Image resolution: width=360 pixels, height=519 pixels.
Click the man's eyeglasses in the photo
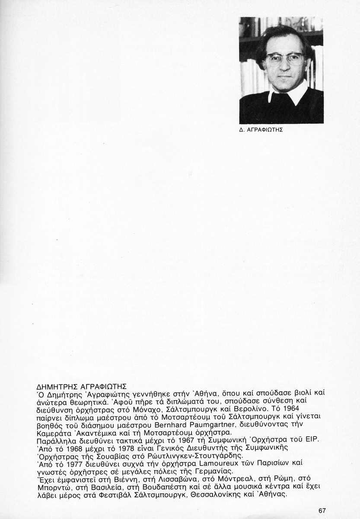pos(285,59)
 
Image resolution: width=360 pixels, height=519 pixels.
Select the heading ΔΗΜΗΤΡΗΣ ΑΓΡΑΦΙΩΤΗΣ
pos(78,386)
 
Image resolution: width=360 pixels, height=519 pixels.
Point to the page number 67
pos(322,510)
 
